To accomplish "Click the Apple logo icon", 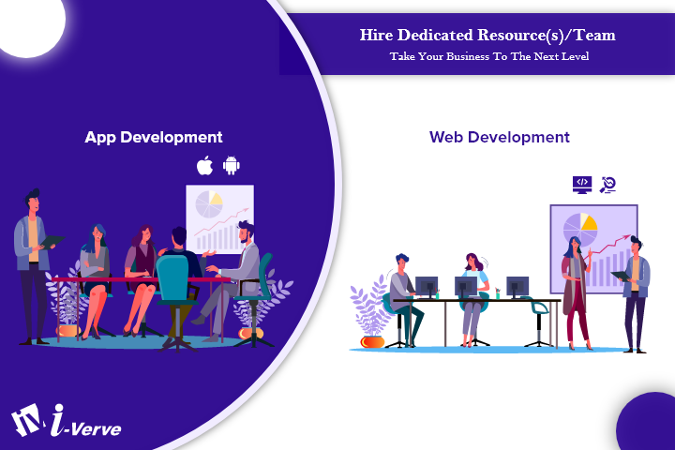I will coord(204,166).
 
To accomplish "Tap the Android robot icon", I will coord(231,166).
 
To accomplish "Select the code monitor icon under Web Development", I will coord(581,184).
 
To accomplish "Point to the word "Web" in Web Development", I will coord(447,137).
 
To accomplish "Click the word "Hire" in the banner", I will coord(379,36).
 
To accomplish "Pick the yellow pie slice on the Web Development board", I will coord(588,222).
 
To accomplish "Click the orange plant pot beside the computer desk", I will coord(372,340).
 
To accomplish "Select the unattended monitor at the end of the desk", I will coord(517,286).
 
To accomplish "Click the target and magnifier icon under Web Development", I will coord(607,184).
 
